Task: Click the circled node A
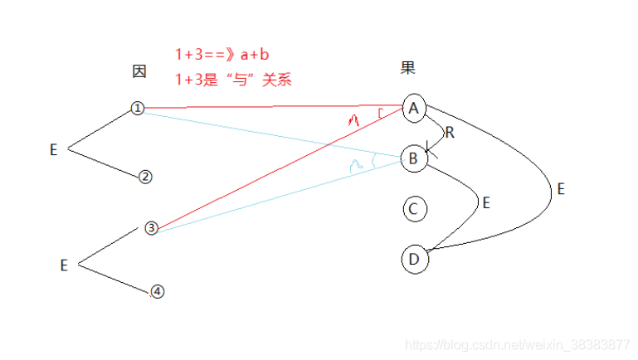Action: pyautogui.click(x=413, y=108)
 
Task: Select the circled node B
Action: pyautogui.click(x=413, y=158)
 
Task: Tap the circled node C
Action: pyautogui.click(x=413, y=209)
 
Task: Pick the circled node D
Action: pyautogui.click(x=413, y=259)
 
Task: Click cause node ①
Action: pyautogui.click(x=138, y=109)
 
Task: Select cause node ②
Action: pyautogui.click(x=145, y=177)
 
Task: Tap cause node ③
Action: pyautogui.click(x=150, y=228)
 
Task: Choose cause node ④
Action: pyautogui.click(x=158, y=292)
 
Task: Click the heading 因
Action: pyautogui.click(x=139, y=72)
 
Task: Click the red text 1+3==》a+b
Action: pyautogui.click(x=222, y=55)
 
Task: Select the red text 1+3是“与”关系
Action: pyautogui.click(x=233, y=80)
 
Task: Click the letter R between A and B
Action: pyautogui.click(x=450, y=132)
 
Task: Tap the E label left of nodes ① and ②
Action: pyautogui.click(x=53, y=150)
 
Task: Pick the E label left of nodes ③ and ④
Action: pyautogui.click(x=64, y=265)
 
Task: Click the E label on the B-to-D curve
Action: pyautogui.click(x=486, y=202)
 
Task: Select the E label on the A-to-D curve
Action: pyautogui.click(x=561, y=189)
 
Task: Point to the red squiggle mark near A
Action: pyautogui.click(x=354, y=121)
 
